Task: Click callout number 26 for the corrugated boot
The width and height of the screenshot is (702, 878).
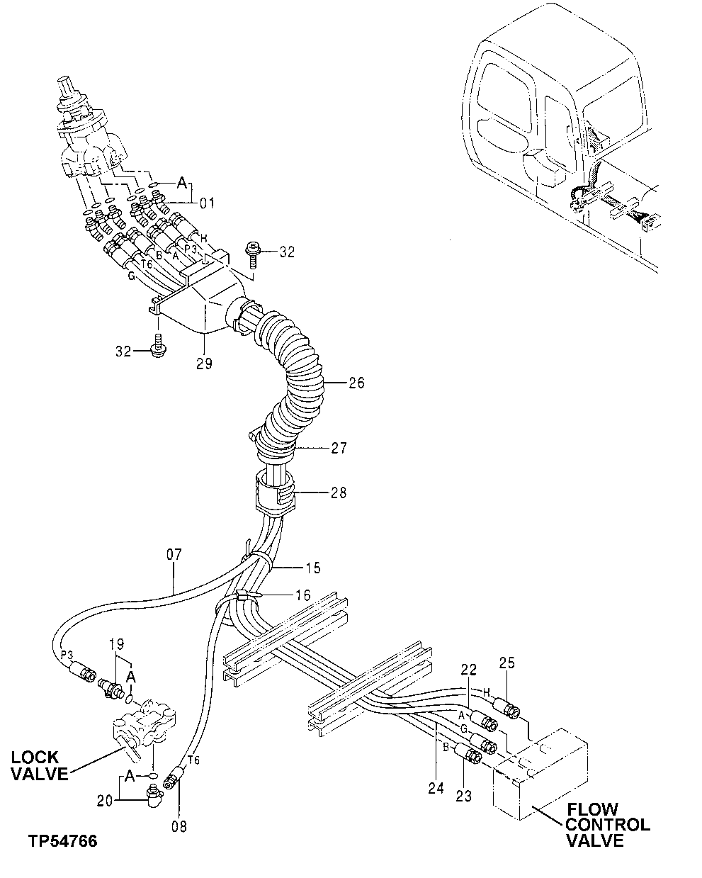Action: point(356,383)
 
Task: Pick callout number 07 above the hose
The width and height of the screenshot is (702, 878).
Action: point(174,554)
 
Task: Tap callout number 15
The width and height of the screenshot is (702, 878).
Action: point(312,568)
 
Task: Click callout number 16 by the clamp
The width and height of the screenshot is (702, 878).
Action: point(302,595)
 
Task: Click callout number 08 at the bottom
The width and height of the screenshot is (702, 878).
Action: point(179,826)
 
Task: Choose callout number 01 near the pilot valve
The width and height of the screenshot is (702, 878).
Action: point(206,204)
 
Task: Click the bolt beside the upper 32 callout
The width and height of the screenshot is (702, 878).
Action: point(251,252)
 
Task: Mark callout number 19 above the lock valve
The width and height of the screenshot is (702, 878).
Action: point(116,645)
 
